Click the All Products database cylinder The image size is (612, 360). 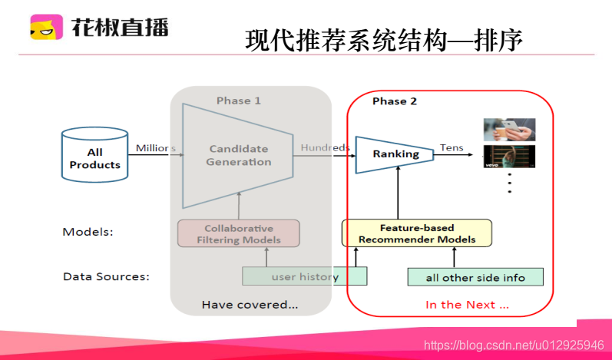click(94, 155)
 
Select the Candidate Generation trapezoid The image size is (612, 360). click(238, 155)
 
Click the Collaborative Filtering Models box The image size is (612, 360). click(238, 234)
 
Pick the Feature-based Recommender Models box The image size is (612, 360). click(416, 233)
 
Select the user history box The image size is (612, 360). click(304, 276)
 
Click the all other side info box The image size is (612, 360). click(475, 277)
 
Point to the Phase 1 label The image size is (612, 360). click(238, 101)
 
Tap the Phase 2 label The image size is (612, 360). click(395, 101)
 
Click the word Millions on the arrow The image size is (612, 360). click(156, 147)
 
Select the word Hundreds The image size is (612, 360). click(325, 147)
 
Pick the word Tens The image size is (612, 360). click(452, 147)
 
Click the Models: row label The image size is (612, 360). click(88, 231)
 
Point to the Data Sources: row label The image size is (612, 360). click(106, 276)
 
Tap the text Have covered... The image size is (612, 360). click(250, 305)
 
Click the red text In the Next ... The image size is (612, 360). click(467, 305)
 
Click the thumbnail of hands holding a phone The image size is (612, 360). click(508, 129)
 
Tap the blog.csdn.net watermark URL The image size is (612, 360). click(514, 346)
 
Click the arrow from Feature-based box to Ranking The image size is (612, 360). click(398, 196)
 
